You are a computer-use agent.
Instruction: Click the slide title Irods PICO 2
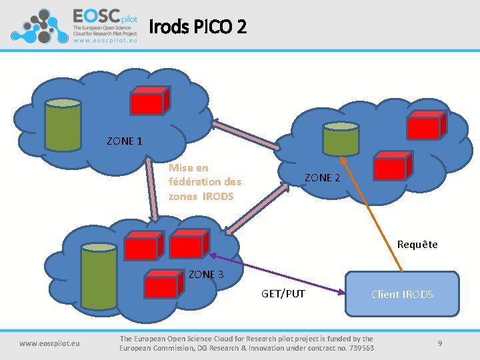click(x=197, y=27)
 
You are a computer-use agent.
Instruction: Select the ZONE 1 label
click(x=124, y=141)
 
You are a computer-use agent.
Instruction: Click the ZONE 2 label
click(x=322, y=177)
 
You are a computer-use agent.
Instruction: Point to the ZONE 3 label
click(x=206, y=274)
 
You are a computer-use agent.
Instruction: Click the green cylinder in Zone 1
click(x=63, y=124)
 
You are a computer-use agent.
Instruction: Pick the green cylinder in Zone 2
click(x=340, y=139)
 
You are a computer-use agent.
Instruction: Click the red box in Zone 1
click(x=149, y=101)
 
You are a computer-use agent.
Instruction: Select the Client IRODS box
click(x=402, y=293)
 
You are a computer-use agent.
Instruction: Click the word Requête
click(x=417, y=244)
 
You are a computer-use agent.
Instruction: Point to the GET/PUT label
click(x=283, y=293)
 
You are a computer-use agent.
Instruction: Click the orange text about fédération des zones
click(x=205, y=182)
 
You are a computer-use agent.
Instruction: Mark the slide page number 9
click(x=440, y=343)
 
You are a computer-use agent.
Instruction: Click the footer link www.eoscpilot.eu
click(x=49, y=343)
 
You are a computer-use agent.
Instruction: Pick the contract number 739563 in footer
click(x=357, y=348)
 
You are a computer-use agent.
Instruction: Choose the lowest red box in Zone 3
click(x=163, y=285)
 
